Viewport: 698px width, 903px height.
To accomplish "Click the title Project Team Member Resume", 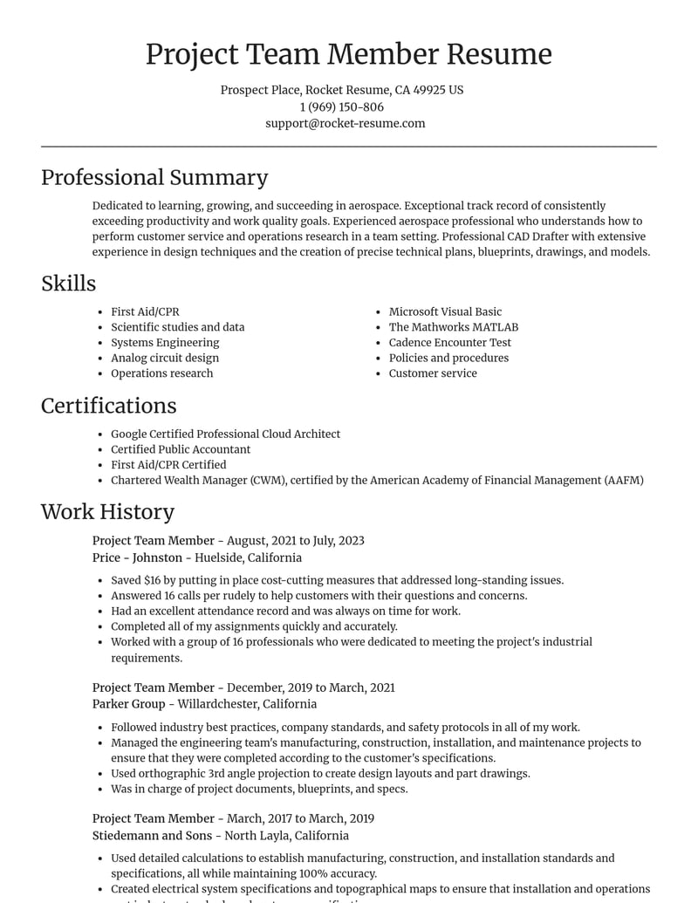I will (348, 54).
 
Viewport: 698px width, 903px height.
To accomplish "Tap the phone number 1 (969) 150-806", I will (341, 106).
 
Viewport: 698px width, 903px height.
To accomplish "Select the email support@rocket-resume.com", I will (345, 123).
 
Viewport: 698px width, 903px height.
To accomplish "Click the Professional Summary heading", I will (154, 177).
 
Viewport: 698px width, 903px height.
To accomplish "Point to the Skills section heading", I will (68, 284).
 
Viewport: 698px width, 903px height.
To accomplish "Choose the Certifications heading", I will (108, 406).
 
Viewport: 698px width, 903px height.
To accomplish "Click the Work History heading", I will (107, 512).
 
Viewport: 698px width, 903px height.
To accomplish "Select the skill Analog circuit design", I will (164, 358).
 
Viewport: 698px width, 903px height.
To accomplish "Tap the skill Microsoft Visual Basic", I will (445, 311).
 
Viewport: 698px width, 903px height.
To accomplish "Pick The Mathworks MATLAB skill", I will (453, 327).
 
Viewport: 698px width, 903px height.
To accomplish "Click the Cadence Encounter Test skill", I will (449, 342).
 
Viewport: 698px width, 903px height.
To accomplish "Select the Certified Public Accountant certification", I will (180, 449).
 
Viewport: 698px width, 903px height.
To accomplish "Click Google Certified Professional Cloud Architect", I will (225, 434).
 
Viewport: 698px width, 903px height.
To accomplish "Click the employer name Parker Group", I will (128, 704).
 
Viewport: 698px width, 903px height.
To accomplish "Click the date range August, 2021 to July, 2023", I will (295, 541).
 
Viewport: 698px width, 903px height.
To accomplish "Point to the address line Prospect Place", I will (260, 90).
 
